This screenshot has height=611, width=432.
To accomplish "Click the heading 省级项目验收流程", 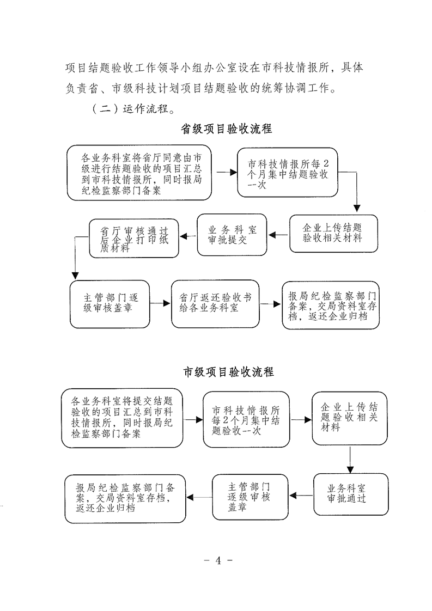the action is [227, 129].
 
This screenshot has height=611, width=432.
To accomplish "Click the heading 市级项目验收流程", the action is [229, 372].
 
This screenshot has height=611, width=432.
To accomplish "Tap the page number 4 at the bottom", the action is [218, 560].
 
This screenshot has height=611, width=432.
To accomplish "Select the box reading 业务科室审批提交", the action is [232, 235].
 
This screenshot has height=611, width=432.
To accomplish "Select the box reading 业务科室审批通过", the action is [351, 494].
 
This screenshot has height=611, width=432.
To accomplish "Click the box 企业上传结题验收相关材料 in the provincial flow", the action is [334, 234].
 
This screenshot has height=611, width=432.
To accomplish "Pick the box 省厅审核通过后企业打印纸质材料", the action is [134, 239].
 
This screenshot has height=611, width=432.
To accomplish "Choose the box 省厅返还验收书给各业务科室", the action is [215, 303].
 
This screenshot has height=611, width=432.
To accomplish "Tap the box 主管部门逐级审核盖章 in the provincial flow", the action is [110, 304].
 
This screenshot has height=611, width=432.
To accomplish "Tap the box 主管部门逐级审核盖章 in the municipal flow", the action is [250, 497].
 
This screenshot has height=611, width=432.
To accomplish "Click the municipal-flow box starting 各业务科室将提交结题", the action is [122, 418].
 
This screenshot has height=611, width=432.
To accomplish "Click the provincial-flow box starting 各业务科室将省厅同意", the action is [139, 173].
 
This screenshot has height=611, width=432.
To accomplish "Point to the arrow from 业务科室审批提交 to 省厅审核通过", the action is [188, 236].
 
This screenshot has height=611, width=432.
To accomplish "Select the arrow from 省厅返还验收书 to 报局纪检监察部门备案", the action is [271, 304].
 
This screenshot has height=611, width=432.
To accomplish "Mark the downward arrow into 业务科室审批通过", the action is [350, 460].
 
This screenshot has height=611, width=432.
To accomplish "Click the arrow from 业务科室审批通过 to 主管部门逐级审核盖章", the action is [301, 496].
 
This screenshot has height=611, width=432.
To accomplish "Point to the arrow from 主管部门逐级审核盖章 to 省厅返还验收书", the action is [161, 303].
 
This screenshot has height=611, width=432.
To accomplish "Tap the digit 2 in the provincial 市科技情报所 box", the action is [326, 164].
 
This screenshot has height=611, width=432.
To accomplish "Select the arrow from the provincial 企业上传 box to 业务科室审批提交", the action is [278, 235].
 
